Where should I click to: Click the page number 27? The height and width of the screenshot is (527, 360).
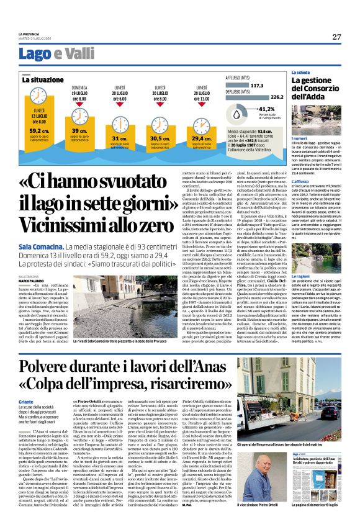(336, 37)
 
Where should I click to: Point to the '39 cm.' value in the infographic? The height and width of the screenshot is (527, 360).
(79, 131)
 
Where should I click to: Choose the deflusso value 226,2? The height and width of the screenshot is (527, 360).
(276, 97)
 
